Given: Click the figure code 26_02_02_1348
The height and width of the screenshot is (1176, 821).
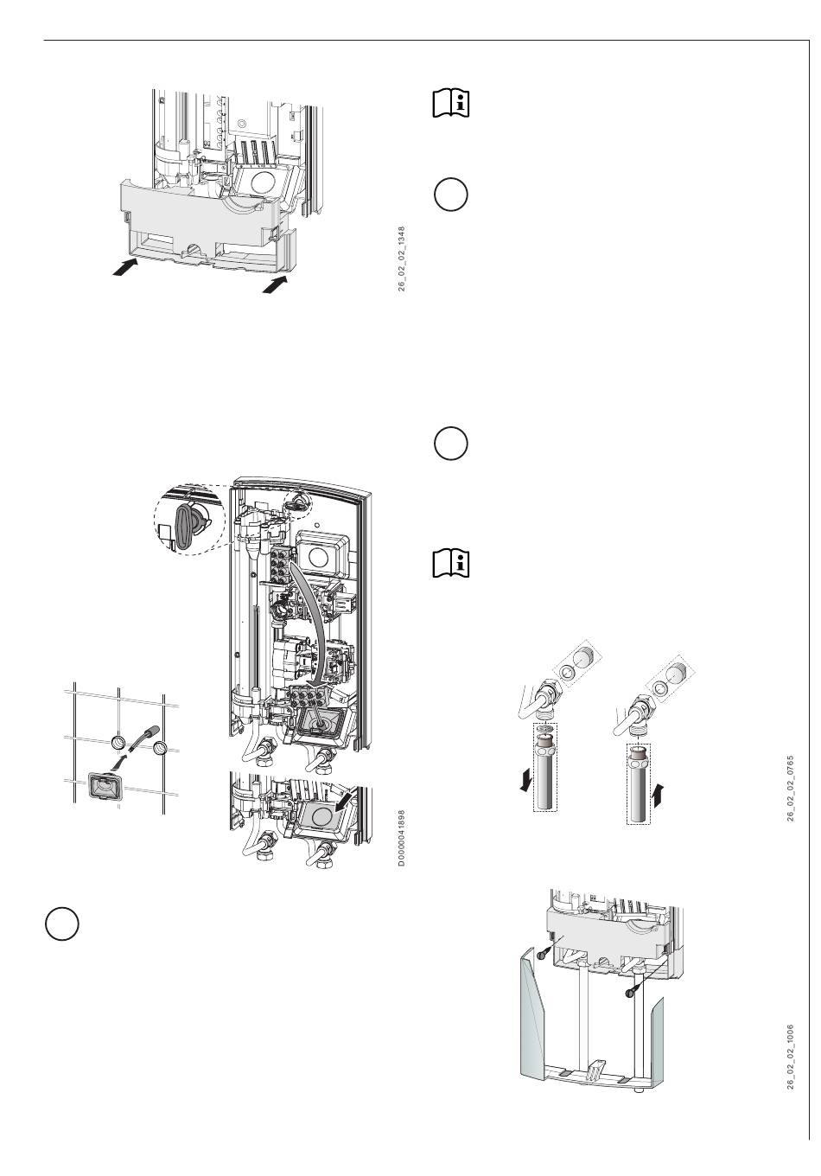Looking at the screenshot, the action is pos(401,259).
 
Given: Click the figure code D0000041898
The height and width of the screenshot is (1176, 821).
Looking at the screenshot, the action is pos(401,838).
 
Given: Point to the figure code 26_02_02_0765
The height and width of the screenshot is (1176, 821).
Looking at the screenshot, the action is pos(790,788).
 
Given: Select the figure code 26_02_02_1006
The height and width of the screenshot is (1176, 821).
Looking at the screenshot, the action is pos(790,1057).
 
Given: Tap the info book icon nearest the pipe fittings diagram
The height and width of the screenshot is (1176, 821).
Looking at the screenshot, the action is pos(450,563).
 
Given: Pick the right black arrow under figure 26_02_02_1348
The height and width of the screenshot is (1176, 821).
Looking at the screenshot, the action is pos(276,284).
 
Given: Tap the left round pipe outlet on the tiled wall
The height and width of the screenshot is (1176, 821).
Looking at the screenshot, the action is pos(119,744).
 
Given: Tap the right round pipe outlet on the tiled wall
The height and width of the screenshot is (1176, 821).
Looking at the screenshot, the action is pos(160,748).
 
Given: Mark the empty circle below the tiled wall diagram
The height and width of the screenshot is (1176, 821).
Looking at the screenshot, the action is pos(62,924).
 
